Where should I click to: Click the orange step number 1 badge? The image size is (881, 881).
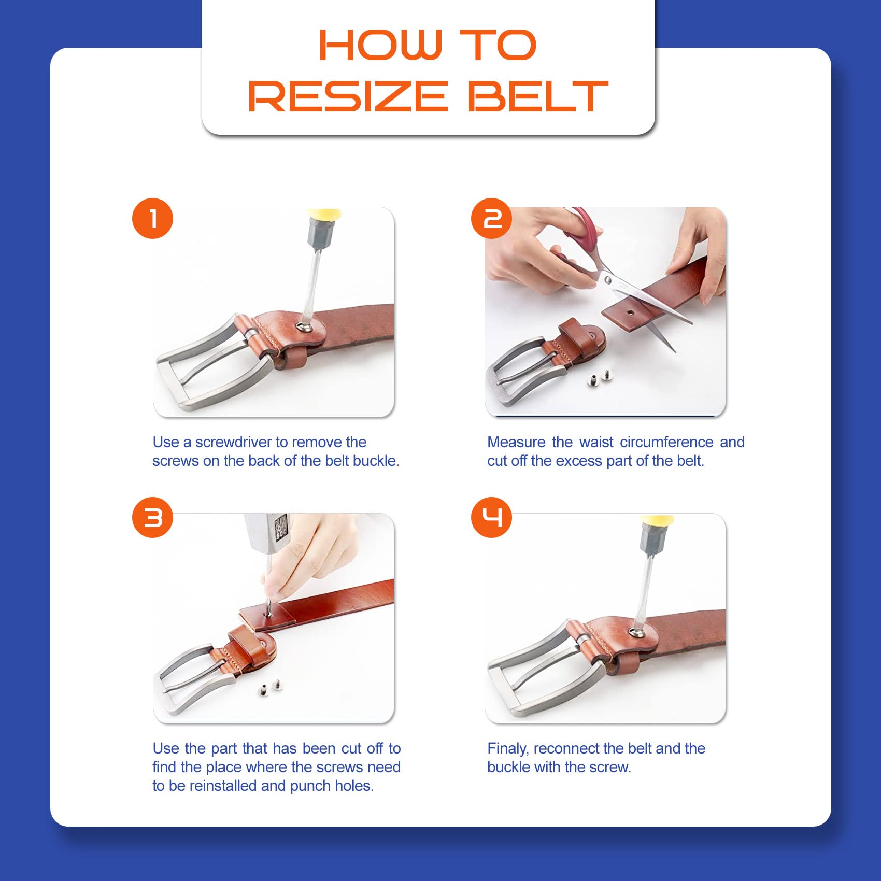[152, 218]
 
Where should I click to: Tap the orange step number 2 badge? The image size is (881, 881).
[491, 218]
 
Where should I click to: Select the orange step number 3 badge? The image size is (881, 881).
[152, 517]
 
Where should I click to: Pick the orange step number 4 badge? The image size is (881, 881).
[491, 517]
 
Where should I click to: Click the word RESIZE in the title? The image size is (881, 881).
[348, 96]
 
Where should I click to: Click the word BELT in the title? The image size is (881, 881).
[538, 96]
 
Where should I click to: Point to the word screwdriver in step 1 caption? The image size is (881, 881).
[233, 442]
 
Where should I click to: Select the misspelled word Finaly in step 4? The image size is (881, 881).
[508, 749]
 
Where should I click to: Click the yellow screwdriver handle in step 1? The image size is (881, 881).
[324, 214]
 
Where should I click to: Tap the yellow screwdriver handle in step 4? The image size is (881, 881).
[657, 519]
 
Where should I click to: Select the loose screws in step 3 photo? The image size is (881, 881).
[269, 688]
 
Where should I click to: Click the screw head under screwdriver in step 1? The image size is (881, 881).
[305, 326]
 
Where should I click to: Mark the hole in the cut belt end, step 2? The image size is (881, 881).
[630, 314]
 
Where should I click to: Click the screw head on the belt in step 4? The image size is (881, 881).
[636, 632]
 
